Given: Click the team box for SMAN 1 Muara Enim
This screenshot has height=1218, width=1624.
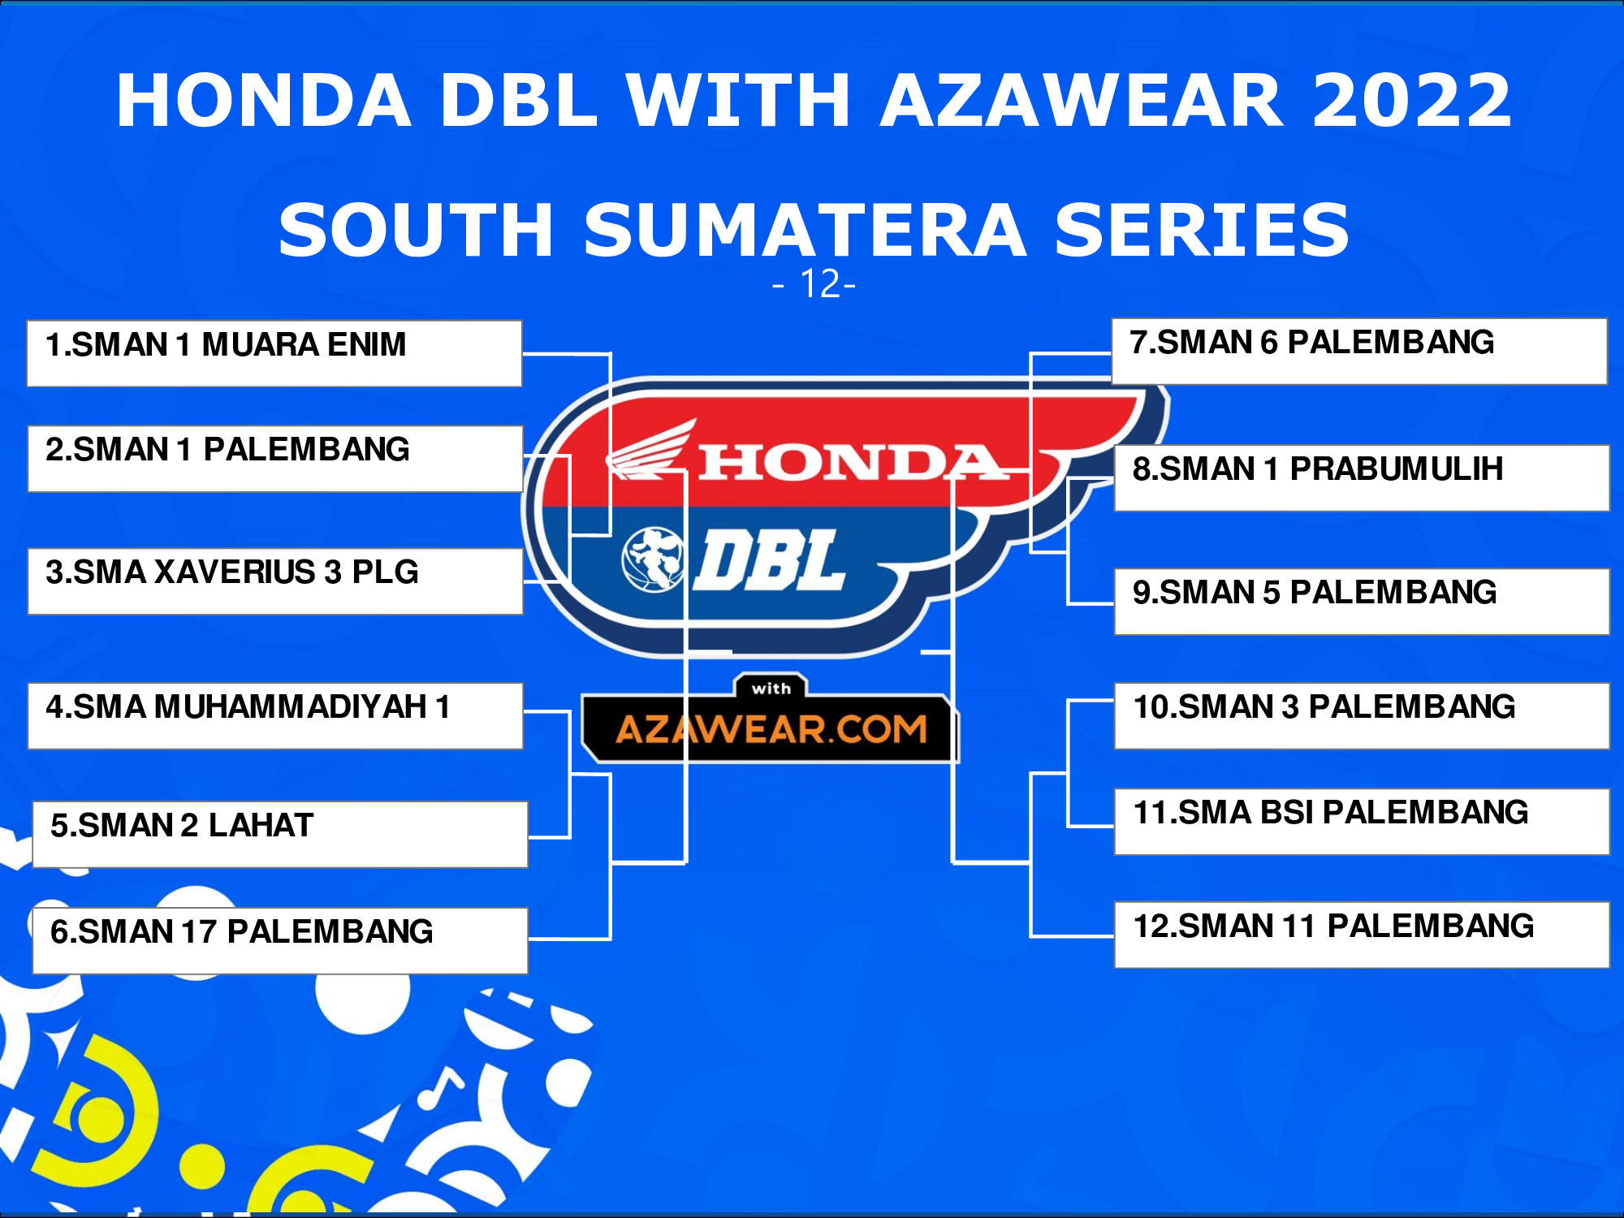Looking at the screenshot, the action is coord(274,353).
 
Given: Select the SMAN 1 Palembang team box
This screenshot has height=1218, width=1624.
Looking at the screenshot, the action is coord(275,459).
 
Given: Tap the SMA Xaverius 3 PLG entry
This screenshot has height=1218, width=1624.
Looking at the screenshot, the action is coord(275,581).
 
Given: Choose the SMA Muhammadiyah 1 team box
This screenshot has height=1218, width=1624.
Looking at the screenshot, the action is coord(275,715).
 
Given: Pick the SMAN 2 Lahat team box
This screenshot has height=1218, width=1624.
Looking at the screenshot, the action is coord(280,835).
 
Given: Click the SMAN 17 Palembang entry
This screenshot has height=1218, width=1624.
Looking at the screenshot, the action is coord(280,941).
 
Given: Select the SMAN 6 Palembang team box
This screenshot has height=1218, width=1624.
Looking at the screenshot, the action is coord(1359,352).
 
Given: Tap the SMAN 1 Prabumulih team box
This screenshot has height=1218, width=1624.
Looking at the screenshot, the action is coord(1362,477).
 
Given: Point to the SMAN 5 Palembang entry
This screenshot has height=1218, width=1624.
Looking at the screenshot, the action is coord(1362,602).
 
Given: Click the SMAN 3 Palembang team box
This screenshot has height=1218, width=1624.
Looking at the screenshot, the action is coord(1362,715).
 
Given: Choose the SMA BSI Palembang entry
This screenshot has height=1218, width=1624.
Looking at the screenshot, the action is coord(1362,822).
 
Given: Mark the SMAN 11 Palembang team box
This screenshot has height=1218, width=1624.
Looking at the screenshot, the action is coord(1362,935).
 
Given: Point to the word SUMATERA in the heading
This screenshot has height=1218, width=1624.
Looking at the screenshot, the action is coord(806,230).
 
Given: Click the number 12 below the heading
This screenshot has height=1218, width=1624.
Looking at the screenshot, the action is coord(819,284).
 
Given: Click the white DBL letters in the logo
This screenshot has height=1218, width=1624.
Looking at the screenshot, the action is coord(771,559).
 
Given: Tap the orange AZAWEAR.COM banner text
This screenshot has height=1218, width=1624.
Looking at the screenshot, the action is coord(771,729).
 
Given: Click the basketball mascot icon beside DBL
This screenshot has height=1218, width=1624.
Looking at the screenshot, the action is coord(651,559).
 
